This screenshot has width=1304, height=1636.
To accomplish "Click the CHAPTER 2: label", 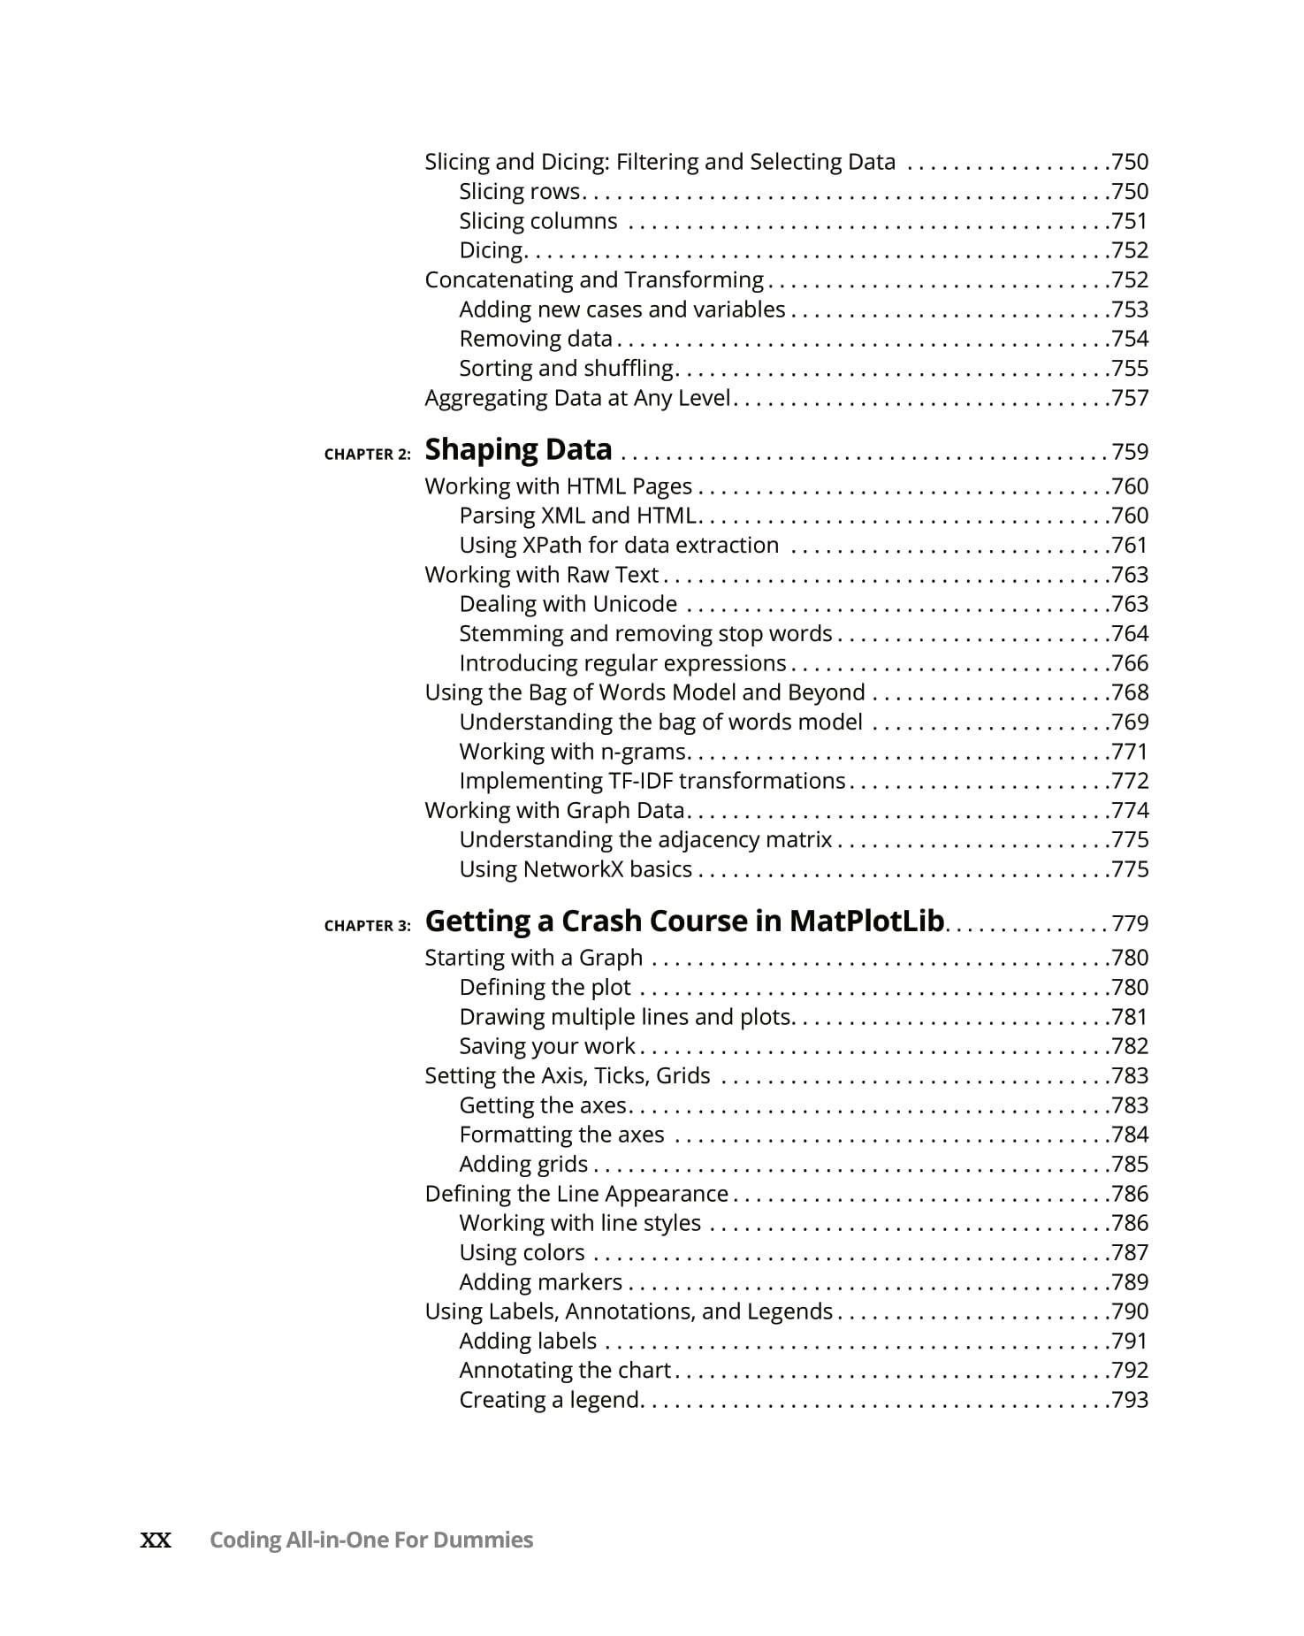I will (367, 455).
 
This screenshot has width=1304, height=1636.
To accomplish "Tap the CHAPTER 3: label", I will (367, 926).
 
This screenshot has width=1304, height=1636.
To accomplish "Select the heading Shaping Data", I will (518, 450).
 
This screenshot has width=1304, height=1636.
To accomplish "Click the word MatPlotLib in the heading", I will (866, 921).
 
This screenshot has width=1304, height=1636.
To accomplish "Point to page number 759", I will (1130, 452).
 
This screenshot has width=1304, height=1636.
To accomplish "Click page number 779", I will (1130, 924).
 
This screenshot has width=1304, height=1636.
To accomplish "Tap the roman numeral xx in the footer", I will (156, 1540).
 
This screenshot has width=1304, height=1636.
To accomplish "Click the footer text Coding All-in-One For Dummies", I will (371, 1540).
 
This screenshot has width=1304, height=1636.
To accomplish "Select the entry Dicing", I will (492, 251).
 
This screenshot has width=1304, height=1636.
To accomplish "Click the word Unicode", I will (635, 604).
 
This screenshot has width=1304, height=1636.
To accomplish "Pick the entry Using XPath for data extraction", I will (619, 546).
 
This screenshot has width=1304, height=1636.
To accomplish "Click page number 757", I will (1130, 398).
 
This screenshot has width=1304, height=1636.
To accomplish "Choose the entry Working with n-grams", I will (573, 752).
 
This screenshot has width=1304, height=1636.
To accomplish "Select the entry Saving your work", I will (547, 1046).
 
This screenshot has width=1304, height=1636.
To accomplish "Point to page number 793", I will (1130, 1400).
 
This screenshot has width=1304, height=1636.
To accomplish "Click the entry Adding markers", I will (541, 1282).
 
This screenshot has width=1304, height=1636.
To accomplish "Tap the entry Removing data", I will (536, 340).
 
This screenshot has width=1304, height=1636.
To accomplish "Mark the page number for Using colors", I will (1130, 1253).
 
